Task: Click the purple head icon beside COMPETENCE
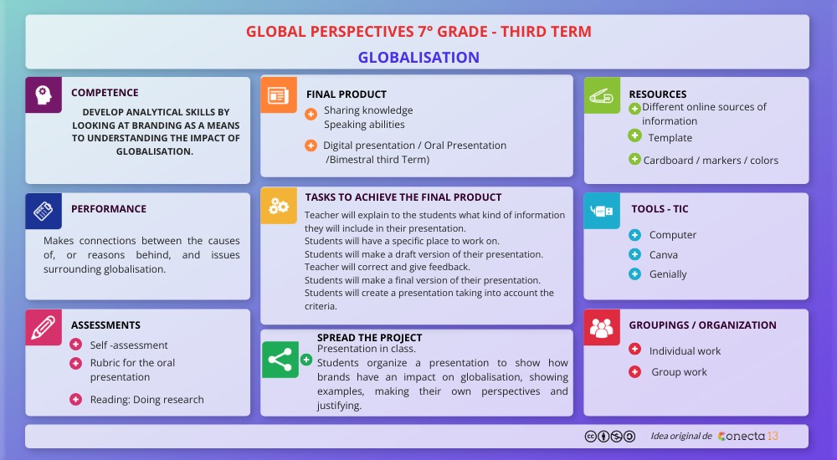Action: tap(43, 95)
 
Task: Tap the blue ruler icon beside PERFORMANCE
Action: tap(43, 211)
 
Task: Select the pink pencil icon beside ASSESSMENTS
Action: tap(43, 327)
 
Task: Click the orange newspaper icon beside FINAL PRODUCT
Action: tap(278, 95)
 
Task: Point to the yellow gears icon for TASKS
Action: tap(278, 205)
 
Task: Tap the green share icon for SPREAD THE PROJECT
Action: tap(280, 360)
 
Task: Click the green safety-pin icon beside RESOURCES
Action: tap(601, 95)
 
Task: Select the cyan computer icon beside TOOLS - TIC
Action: tap(601, 211)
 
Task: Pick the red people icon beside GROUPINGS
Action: tap(601, 327)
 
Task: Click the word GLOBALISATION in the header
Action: tap(418, 58)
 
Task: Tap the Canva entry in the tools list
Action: tap(664, 255)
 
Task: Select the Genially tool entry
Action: tap(668, 274)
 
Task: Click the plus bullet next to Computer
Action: tap(634, 235)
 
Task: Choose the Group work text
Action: tap(680, 372)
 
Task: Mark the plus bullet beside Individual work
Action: tap(634, 350)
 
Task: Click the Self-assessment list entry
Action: tap(129, 345)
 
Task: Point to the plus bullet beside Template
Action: tap(634, 135)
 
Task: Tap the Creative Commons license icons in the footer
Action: tap(609, 437)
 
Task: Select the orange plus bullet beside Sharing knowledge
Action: tap(311, 114)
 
